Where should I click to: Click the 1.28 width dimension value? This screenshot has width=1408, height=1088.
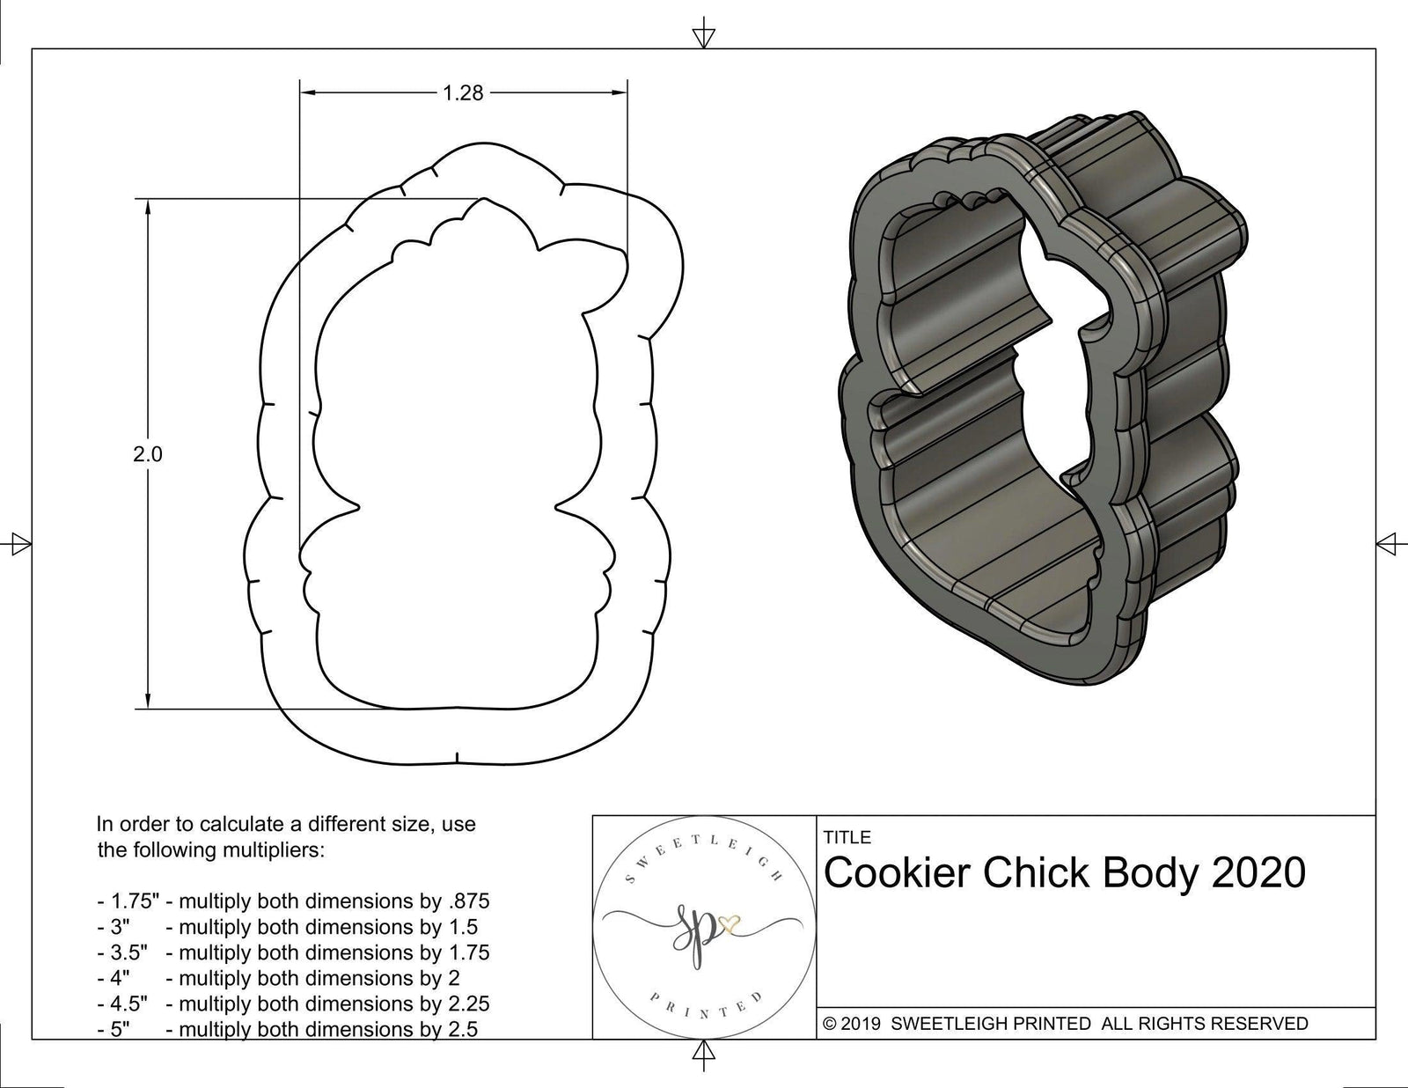pos(463,92)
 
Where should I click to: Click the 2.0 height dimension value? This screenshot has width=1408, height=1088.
pos(149,454)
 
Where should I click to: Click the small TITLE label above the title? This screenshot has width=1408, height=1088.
pos(847,837)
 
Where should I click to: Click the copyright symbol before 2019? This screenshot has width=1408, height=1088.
pos(829,1024)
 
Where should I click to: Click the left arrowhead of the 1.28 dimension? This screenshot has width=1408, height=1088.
pos(307,92)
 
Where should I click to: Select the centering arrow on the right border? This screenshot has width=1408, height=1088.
pos(1388,542)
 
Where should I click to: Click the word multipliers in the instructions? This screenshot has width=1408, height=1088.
pos(272,850)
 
